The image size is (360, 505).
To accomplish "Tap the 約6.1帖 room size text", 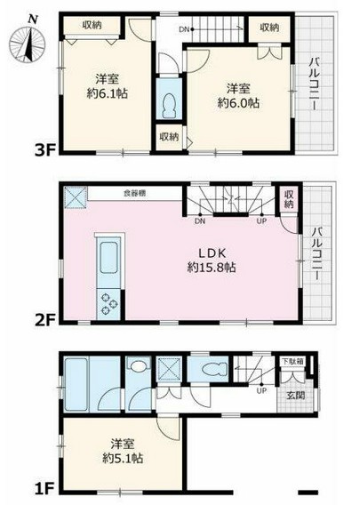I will point(105,92).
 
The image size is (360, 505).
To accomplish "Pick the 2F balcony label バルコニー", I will point(316,252).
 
